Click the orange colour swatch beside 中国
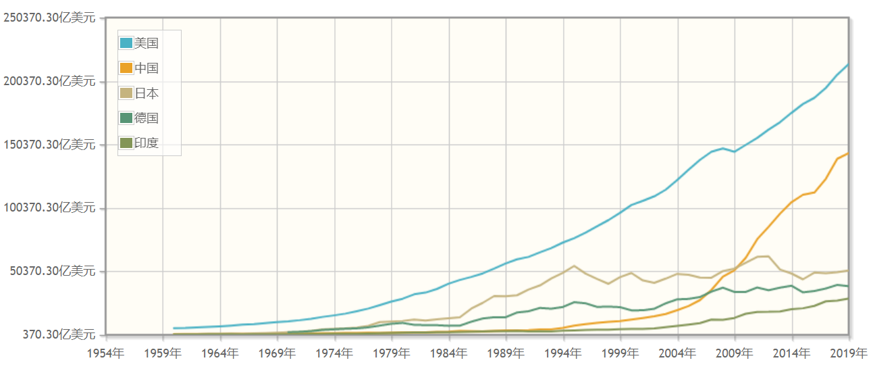126,68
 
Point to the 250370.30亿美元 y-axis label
50,18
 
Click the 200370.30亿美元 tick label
50,81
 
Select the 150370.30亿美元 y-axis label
50,145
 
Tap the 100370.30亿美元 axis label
50,207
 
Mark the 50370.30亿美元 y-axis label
50,271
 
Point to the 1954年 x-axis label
106,353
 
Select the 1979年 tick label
392,353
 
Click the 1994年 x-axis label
564,353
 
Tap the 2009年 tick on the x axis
735,353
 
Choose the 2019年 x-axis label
848,353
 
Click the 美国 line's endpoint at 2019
849,64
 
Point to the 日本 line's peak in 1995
574,266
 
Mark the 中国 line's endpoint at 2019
849,153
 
